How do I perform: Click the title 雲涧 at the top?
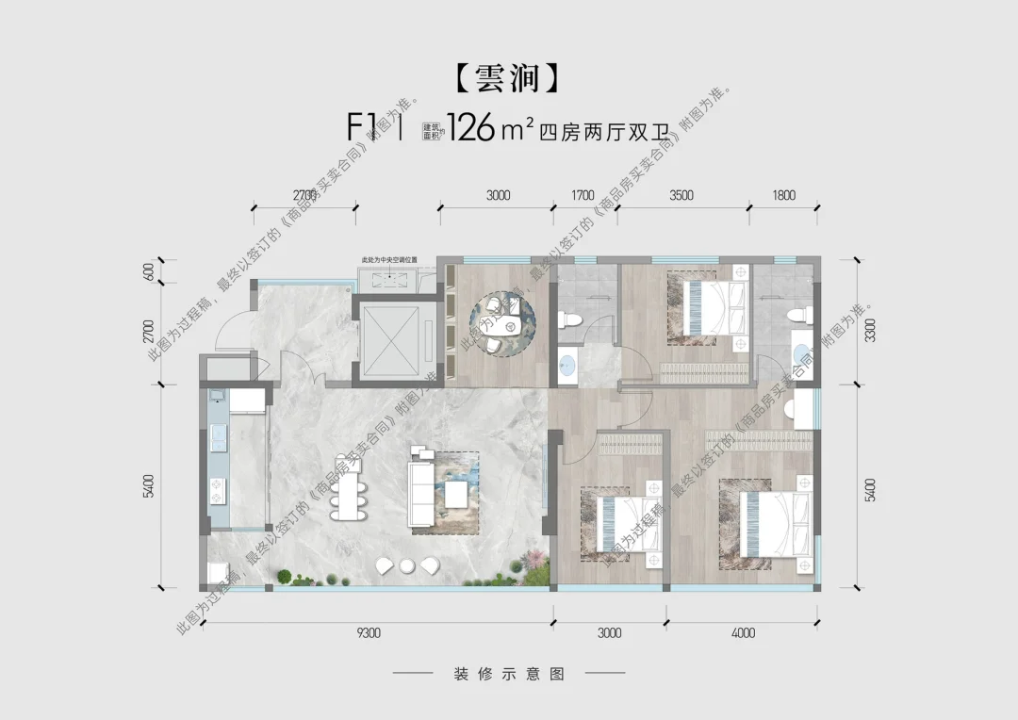click(510, 78)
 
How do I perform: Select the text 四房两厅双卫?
click(603, 131)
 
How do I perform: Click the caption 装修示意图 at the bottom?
click(509, 675)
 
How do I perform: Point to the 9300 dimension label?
click(369, 633)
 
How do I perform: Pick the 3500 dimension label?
click(681, 196)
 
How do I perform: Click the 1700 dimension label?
click(583, 196)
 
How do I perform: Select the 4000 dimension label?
click(743, 633)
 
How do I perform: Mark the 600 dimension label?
click(148, 272)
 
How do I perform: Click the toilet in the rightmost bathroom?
click(794, 315)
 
